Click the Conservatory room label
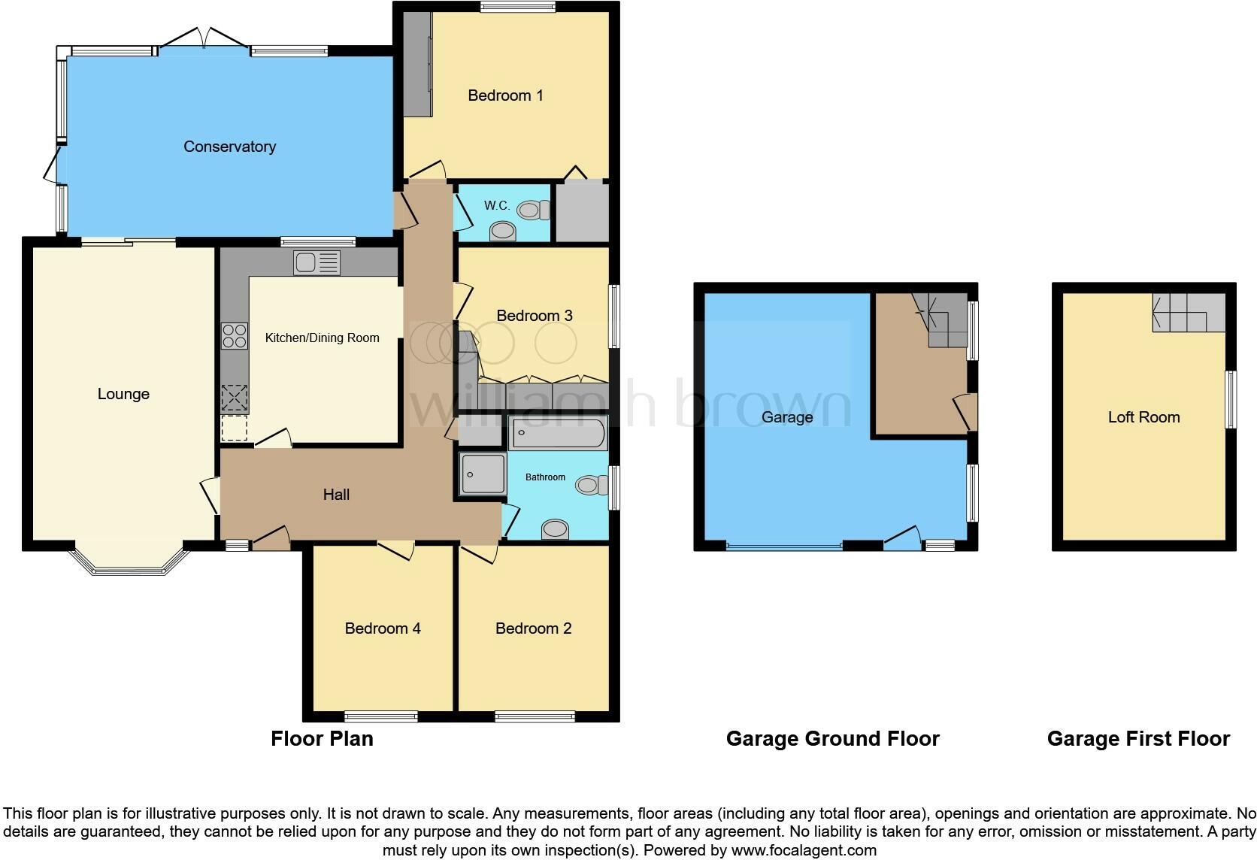[229, 147]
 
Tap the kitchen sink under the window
[317, 263]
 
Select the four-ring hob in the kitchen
[235, 335]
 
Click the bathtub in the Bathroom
[558, 435]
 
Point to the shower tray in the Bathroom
[483, 474]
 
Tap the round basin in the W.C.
[503, 231]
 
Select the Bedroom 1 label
[505, 95]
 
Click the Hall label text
[336, 495]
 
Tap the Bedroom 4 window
[380, 716]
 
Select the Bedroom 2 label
[533, 628]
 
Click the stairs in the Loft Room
[1188, 313]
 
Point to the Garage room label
[786, 417]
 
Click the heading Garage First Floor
[1138, 739]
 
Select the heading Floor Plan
[322, 739]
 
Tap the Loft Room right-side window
[1231, 399]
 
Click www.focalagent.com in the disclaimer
[804, 850]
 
